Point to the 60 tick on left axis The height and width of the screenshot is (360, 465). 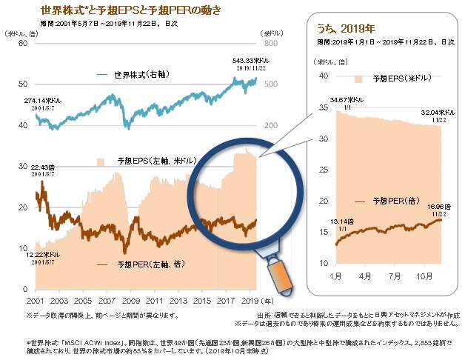coord(21,44)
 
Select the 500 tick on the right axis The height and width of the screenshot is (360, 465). coord(272,84)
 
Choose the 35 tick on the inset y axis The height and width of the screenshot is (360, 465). coord(322,107)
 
